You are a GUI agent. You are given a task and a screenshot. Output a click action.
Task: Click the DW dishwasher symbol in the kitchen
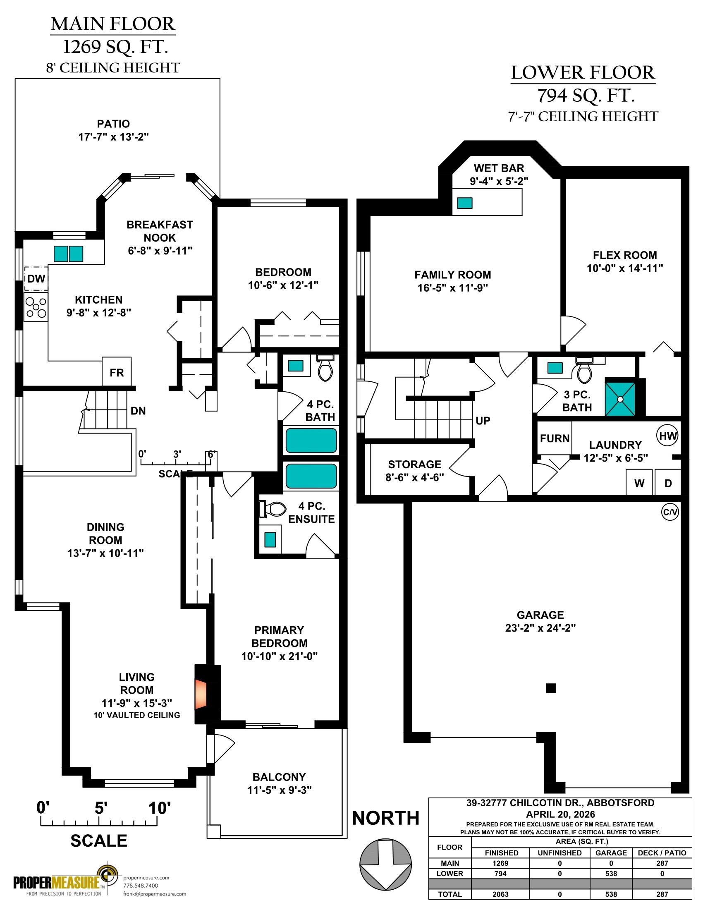[x=36, y=279]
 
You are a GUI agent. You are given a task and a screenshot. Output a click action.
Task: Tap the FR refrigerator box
[x=117, y=372]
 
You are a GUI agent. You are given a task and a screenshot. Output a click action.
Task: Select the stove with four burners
[x=36, y=307]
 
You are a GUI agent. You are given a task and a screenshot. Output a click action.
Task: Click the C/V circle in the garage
[x=670, y=512]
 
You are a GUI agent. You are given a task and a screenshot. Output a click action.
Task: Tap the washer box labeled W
[x=639, y=483]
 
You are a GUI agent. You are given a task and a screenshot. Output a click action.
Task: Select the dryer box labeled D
[x=668, y=483]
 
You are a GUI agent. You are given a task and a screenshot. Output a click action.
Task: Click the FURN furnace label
[x=555, y=438]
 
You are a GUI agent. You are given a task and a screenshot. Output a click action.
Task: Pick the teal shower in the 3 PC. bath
[x=620, y=399]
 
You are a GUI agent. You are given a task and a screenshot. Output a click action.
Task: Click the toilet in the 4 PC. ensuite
[x=273, y=508]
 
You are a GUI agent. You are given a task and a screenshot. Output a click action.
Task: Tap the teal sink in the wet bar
[x=465, y=203]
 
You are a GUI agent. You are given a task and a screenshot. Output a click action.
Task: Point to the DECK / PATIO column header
[x=662, y=853]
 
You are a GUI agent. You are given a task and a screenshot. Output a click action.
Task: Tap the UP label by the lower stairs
[x=483, y=421]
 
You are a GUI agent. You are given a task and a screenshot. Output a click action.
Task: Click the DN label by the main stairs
[x=138, y=411]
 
